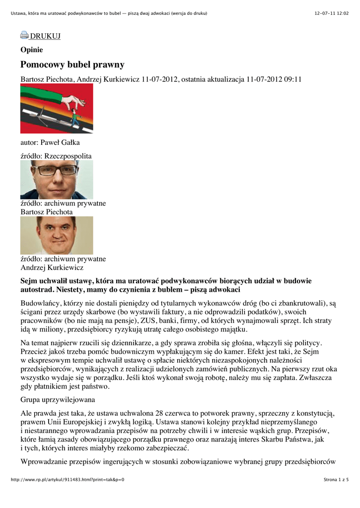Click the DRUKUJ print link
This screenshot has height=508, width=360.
tap(45, 36)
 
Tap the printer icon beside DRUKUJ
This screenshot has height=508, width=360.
tap(24, 35)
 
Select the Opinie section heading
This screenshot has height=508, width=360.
tap(31, 50)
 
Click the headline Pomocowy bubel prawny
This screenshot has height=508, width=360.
tap(72, 65)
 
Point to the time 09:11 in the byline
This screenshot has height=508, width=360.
tap(293, 79)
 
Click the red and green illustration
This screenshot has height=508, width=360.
tap(57, 109)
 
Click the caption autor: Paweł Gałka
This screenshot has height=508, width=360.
tap(50, 142)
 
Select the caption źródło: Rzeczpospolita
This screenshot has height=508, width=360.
tap(56, 156)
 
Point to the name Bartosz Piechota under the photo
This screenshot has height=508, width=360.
tap(46, 212)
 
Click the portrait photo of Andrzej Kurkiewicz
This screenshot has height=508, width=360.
tap(57, 235)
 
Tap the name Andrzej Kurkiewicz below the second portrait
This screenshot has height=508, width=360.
tap(52, 267)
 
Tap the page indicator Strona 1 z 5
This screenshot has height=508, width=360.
tap(336, 480)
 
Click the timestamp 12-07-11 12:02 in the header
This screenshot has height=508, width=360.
tap(332, 13)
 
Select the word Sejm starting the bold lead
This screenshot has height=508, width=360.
tap(29, 281)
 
